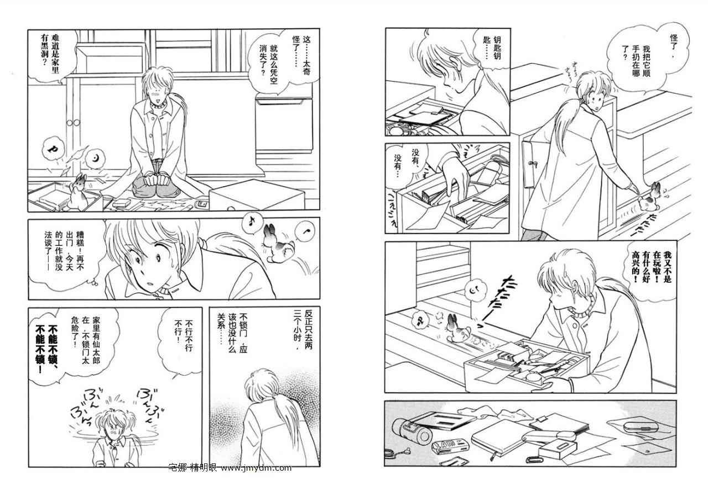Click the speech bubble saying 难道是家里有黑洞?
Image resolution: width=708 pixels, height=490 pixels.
(51, 56)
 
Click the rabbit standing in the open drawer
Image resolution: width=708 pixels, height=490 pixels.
(77, 191)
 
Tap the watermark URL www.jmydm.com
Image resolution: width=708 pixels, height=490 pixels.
(256, 468)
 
